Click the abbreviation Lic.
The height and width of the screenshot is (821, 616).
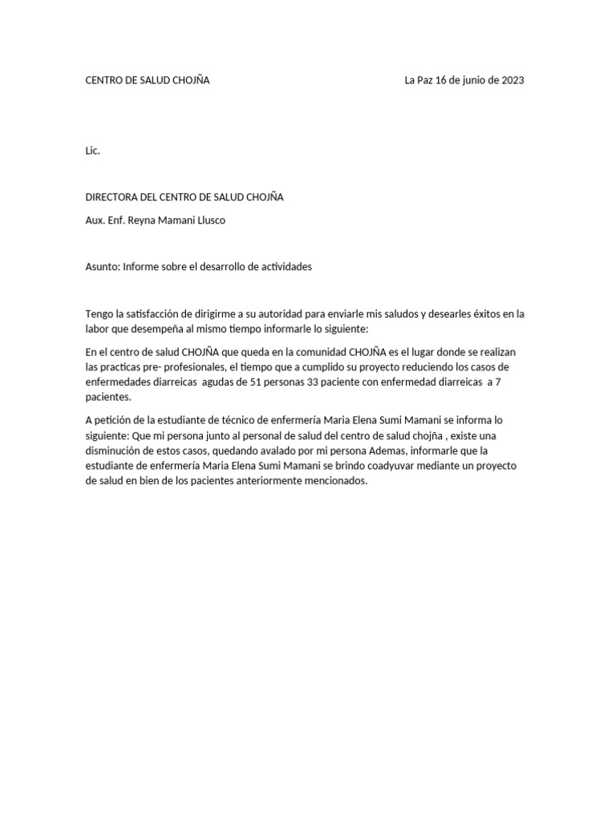(93, 151)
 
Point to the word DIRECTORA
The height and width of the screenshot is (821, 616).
(114, 197)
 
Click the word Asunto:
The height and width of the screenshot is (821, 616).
(103, 267)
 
